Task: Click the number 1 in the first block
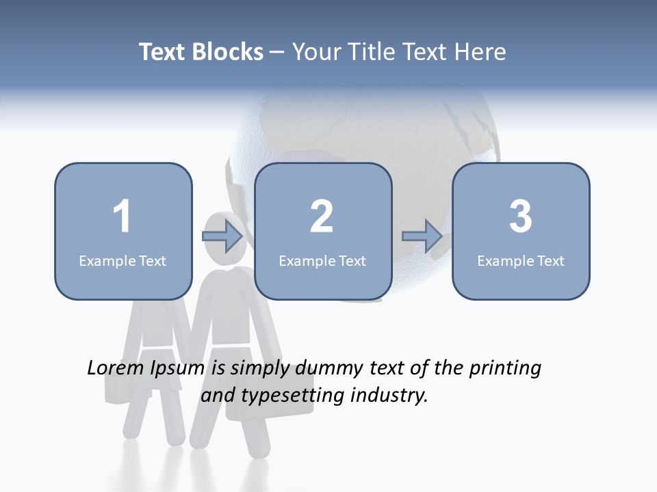tap(122, 217)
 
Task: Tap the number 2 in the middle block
tap(322, 217)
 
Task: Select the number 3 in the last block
tap(521, 217)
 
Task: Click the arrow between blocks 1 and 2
tap(222, 236)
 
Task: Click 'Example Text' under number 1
tap(123, 260)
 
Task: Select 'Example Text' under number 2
tap(322, 260)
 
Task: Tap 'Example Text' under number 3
tap(521, 260)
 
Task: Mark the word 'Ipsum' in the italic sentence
tap(178, 368)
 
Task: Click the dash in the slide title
tap(277, 53)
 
